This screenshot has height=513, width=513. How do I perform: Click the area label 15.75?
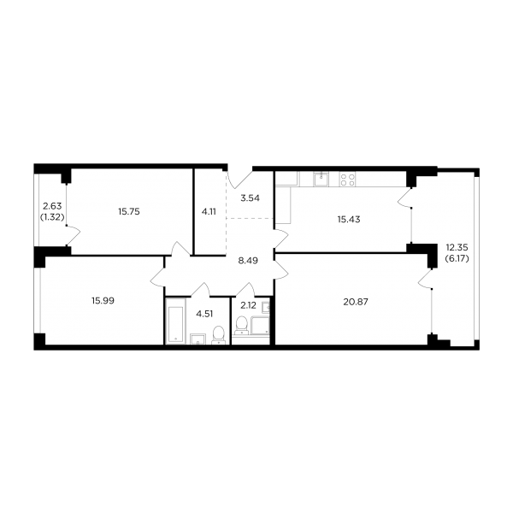tap(129, 212)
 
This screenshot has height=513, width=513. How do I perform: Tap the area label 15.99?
tap(103, 301)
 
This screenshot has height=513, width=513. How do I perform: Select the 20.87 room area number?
tap(356, 302)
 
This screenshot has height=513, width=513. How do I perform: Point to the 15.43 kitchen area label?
tap(349, 219)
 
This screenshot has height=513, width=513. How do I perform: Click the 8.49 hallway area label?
tap(248, 261)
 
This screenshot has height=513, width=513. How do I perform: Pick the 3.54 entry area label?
tap(250, 198)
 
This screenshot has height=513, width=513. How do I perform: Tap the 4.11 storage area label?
tap(209, 212)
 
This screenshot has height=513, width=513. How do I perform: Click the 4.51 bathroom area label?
tap(204, 314)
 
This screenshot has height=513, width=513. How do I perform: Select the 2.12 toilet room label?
tap(248, 305)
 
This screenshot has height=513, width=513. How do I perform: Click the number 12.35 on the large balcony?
tap(457, 248)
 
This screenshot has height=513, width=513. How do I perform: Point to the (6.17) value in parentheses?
tap(457, 258)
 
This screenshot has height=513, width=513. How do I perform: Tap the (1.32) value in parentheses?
tap(52, 216)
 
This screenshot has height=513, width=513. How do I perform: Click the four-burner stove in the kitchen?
tap(347, 180)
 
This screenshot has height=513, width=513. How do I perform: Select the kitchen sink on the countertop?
tap(321, 179)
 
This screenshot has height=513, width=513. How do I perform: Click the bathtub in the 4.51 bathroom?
tap(175, 321)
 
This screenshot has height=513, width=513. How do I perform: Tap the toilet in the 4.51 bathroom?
tap(218, 336)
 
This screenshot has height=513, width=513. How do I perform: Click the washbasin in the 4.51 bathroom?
tap(198, 339)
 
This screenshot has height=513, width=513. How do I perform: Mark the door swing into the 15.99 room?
tap(158, 278)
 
